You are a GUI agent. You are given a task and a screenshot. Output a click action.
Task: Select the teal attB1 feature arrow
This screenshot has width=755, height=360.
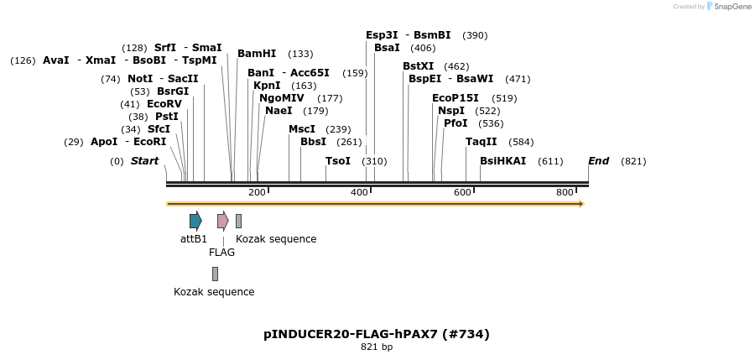(195, 221)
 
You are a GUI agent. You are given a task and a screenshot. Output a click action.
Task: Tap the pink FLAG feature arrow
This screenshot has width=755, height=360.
(222, 221)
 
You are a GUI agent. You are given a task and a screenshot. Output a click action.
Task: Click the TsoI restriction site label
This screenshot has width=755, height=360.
(338, 161)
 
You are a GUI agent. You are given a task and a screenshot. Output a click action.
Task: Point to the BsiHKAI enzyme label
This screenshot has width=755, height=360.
(502, 161)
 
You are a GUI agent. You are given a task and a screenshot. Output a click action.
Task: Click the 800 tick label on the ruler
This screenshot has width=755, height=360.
(565, 193)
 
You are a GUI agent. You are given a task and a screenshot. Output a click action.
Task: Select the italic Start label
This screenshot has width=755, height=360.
(144, 161)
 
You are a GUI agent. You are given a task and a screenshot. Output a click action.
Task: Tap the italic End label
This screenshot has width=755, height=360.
(599, 161)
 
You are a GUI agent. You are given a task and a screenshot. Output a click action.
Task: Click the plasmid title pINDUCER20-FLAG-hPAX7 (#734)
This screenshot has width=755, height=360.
(377, 334)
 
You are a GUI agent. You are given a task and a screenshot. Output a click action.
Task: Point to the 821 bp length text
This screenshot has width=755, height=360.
(377, 347)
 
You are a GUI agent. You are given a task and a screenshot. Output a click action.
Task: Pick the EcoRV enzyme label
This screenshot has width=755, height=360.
(164, 104)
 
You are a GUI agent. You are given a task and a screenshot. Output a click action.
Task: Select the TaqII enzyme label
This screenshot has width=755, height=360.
(482, 142)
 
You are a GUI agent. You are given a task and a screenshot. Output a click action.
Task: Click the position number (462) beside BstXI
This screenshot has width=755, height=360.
(456, 66)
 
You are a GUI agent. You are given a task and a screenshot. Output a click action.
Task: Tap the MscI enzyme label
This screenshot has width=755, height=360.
(302, 129)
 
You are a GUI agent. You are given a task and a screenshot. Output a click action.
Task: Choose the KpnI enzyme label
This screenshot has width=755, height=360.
(267, 86)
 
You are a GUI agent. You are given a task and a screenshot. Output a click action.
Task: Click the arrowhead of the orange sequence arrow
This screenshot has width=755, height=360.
(580, 203)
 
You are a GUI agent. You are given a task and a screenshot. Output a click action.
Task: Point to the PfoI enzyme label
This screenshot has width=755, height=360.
(456, 123)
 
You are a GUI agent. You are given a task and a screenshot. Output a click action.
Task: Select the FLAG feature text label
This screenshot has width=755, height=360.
(221, 252)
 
